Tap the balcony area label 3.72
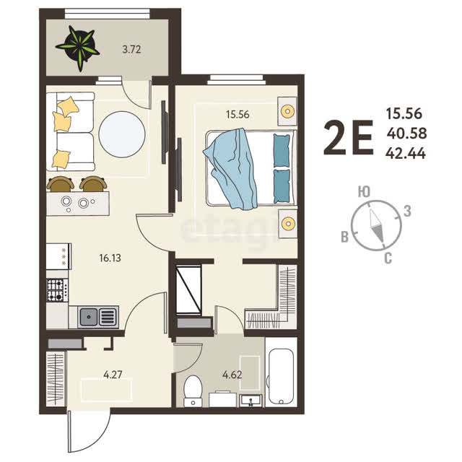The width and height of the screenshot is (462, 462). coord(131,49)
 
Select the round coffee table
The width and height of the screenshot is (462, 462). coord(122,134)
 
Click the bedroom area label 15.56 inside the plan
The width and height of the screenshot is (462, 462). coord(237,114)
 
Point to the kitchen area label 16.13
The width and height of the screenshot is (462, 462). coord(110,258)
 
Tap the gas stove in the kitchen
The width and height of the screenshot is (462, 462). coord(57,290)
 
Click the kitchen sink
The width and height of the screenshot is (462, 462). coord(98,317)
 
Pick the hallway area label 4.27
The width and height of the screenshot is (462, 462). coord(113,375)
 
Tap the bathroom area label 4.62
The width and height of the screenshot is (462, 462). coord(232,375)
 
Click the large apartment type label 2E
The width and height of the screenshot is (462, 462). coord(349,138)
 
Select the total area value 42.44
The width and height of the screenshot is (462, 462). coord(406,154)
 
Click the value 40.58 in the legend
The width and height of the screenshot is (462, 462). coord(406,134)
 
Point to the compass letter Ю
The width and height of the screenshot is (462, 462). coord(364,192)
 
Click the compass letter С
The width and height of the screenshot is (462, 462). coord(388,258)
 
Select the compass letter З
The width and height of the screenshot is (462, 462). coord(407,211)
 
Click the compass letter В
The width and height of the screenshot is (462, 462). coord(345,237)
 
